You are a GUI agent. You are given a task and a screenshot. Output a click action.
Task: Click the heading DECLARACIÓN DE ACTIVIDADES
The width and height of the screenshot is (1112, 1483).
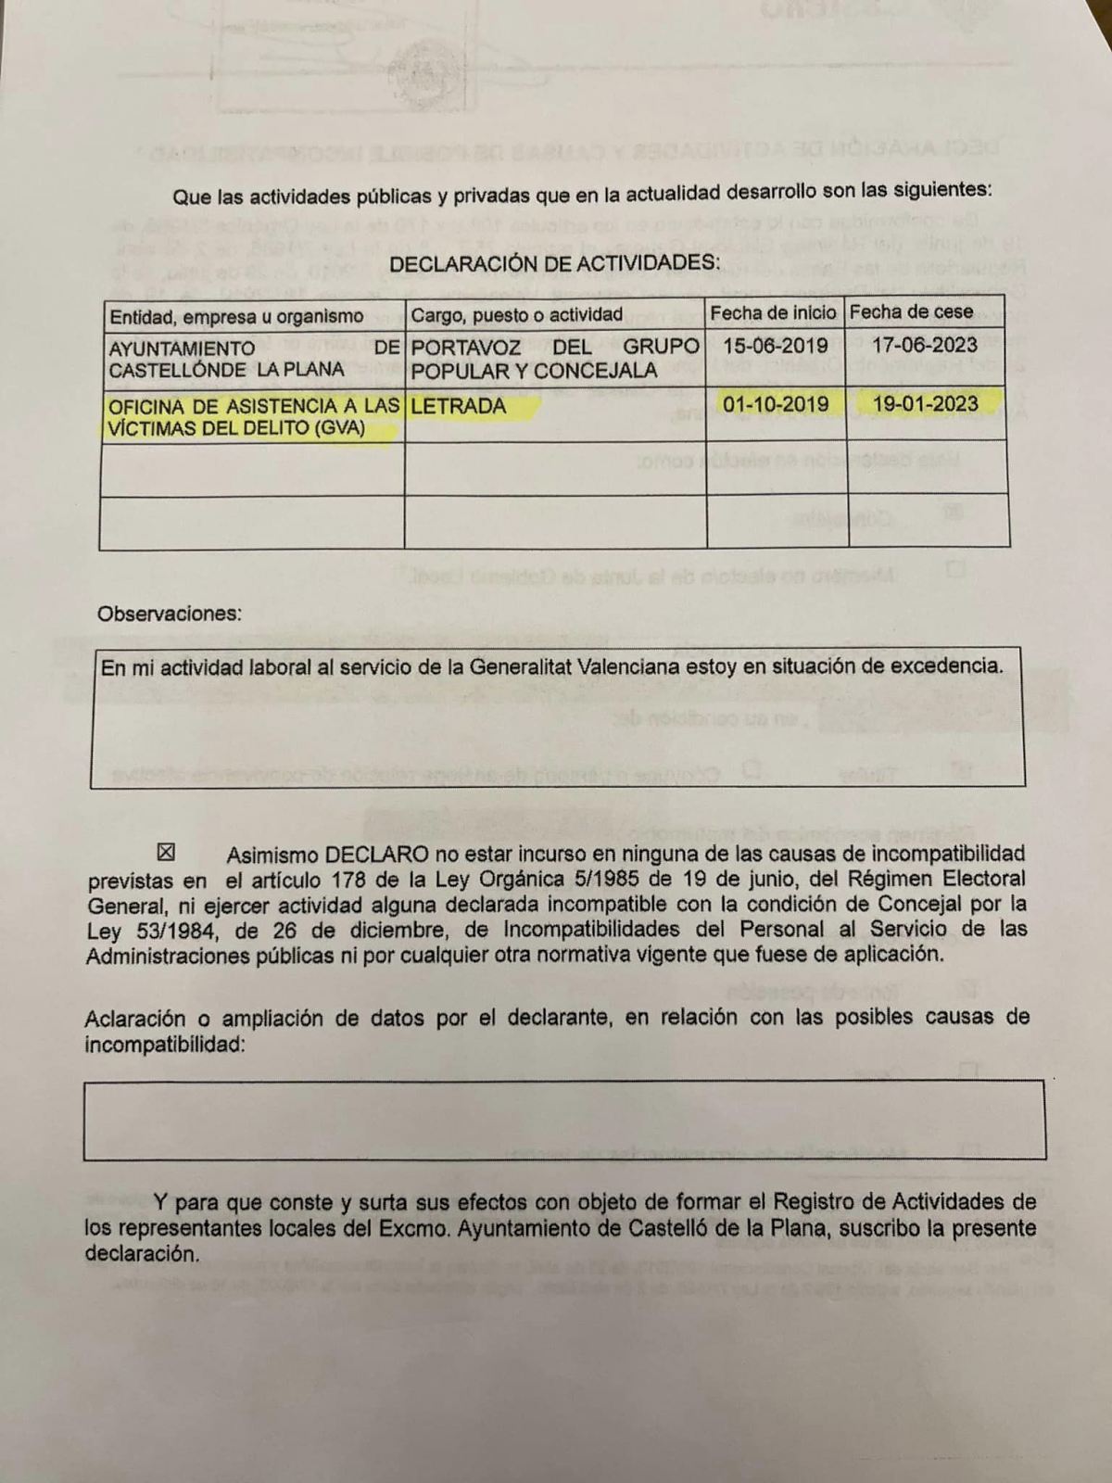point(554,264)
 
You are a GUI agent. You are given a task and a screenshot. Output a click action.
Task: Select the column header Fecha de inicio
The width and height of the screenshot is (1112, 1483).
point(773,313)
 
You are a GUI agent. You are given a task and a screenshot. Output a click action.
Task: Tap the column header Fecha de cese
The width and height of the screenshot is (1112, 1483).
point(911,312)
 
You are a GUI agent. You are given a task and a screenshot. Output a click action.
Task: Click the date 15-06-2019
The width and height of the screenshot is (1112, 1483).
point(775,346)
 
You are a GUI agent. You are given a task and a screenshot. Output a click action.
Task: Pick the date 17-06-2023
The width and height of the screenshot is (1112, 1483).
point(925,346)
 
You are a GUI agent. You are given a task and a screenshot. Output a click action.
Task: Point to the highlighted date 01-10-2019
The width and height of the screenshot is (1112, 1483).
point(776,404)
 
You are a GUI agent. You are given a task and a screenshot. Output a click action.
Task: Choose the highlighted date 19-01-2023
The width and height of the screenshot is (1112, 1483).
point(926,403)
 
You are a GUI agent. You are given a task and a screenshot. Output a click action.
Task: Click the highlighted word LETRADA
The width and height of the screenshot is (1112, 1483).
point(459,406)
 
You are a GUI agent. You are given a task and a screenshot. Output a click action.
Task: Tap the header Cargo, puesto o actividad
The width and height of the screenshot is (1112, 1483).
point(516,315)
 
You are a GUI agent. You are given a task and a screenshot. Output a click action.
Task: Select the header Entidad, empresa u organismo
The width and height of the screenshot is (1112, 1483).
point(236,317)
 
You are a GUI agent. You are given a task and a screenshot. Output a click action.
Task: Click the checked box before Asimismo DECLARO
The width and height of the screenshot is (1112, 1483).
point(167,851)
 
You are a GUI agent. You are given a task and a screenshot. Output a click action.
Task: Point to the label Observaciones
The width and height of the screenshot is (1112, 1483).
point(169,614)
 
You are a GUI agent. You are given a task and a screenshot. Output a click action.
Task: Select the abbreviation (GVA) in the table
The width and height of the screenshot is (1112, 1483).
point(340,428)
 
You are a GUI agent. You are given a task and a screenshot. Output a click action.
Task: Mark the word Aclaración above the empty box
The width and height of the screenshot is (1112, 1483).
point(134,1019)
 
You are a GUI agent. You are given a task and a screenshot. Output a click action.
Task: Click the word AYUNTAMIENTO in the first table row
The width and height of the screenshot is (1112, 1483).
point(182,349)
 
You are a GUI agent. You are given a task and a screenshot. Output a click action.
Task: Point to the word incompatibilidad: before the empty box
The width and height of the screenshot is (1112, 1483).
point(166,1046)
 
